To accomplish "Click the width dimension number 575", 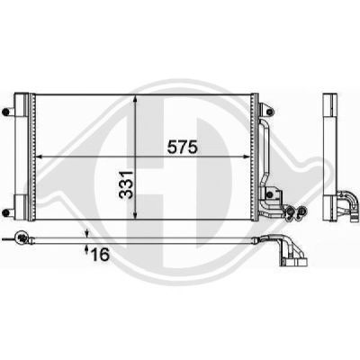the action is pos(182,148).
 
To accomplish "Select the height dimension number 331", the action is pos(126,184).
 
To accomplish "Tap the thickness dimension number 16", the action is pos(100,255).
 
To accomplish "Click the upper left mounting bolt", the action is pos(5,112).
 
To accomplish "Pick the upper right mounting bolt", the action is pos(269,112).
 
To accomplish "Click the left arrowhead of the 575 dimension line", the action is pos(40,157).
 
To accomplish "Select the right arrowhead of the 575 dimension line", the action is pos(247,157).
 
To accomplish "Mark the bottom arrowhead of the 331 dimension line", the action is pos(135,214).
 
